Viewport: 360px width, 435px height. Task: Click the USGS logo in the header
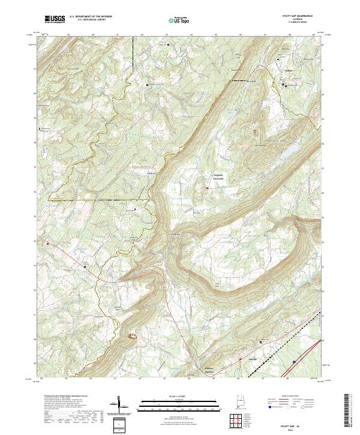click(55, 19)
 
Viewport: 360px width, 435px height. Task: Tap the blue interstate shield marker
click(293, 362)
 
